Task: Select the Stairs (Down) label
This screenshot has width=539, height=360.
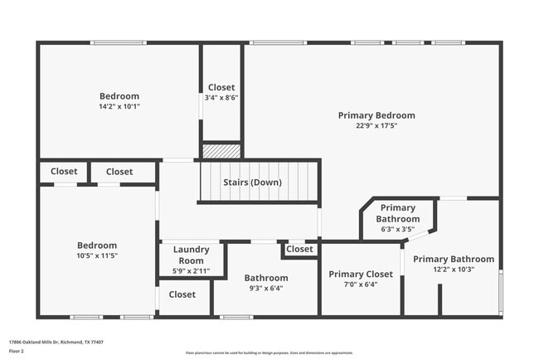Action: [252, 182]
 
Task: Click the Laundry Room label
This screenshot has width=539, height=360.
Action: [191, 255]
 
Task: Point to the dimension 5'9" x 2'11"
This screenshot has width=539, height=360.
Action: [191, 270]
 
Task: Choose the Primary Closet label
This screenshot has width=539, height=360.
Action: [361, 274]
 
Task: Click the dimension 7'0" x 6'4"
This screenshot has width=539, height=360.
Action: [361, 285]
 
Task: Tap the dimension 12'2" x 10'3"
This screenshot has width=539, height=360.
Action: [454, 270]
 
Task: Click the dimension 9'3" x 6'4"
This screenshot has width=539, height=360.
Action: [265, 289]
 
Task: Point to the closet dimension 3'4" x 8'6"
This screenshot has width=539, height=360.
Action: [221, 98]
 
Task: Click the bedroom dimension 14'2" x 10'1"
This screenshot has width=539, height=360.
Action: [119, 106]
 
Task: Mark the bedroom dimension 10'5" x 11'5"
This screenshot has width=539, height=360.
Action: [97, 256]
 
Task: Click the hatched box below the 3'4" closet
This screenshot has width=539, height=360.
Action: [221, 152]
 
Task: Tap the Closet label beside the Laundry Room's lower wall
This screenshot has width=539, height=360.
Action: [182, 294]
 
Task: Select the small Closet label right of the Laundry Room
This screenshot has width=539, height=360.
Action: [299, 249]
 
